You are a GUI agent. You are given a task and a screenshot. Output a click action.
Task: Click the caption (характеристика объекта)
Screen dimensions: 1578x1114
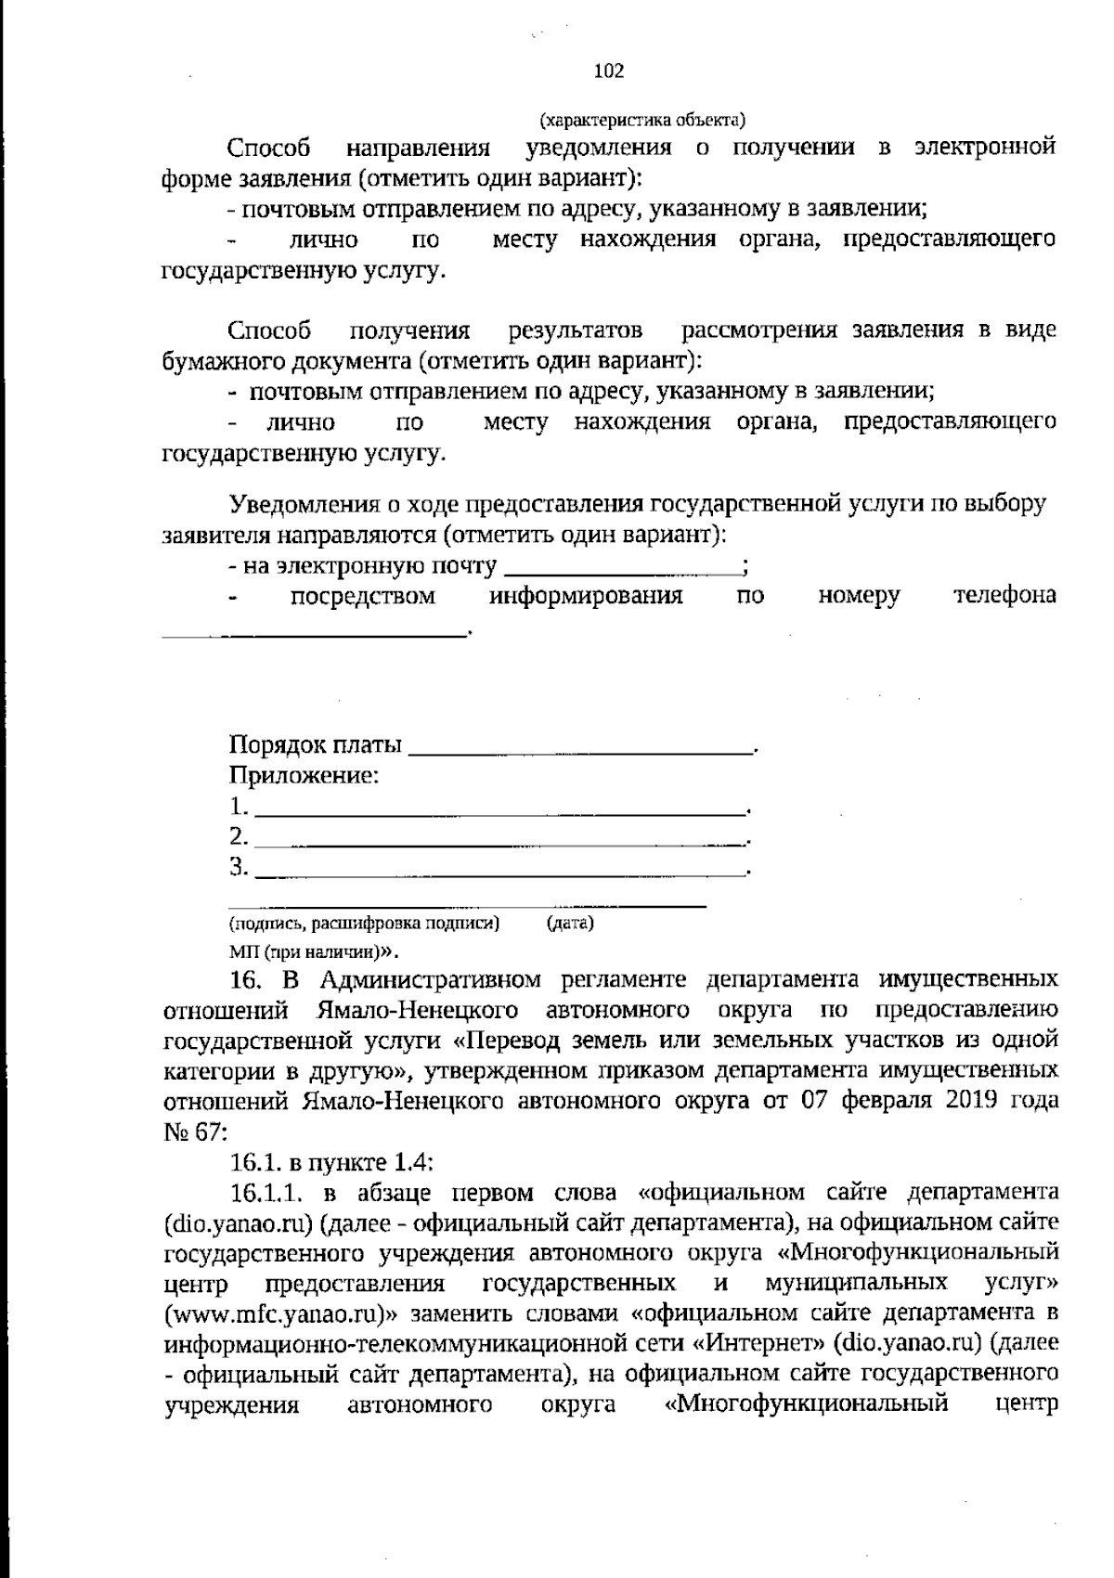[642, 120]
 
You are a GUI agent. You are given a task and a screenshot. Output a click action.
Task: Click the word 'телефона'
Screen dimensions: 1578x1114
[1005, 596]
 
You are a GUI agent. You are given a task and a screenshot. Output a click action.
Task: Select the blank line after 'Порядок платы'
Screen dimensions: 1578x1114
[582, 747]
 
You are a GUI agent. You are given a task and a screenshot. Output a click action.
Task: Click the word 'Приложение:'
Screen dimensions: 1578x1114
[304, 776]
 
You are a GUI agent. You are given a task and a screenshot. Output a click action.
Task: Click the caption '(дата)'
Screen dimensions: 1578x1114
[570, 924]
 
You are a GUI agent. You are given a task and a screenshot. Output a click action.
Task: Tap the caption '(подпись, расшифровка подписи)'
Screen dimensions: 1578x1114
[365, 924]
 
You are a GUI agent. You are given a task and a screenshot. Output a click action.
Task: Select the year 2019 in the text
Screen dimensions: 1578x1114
[976, 1102]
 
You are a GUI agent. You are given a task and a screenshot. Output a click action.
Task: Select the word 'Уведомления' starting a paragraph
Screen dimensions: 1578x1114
[305, 505]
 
